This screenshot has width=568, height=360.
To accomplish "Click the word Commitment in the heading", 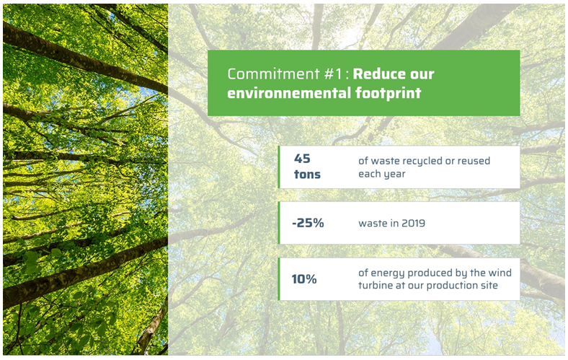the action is tap(273, 74).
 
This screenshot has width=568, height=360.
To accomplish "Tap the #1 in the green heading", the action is tap(333, 74).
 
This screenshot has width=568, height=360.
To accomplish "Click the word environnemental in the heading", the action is tap(289, 93).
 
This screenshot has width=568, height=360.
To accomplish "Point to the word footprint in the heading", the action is tap(389, 93).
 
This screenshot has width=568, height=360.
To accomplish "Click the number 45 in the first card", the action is tap(302, 159).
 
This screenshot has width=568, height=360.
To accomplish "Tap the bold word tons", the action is tap(307, 175).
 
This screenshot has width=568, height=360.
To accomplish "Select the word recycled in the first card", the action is tap(422, 161).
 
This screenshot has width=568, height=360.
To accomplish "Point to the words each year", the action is tap(382, 174).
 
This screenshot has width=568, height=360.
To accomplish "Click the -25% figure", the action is tap(308, 223).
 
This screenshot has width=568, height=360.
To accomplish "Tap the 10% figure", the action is tap(304, 278).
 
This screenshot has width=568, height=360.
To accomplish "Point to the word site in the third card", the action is tap(489, 285).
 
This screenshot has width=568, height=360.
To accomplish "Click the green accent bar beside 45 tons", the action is tap(279, 167).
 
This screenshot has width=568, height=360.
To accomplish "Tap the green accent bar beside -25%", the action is tap(279, 223).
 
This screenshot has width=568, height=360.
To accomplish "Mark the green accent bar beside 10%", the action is tap(279, 279).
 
